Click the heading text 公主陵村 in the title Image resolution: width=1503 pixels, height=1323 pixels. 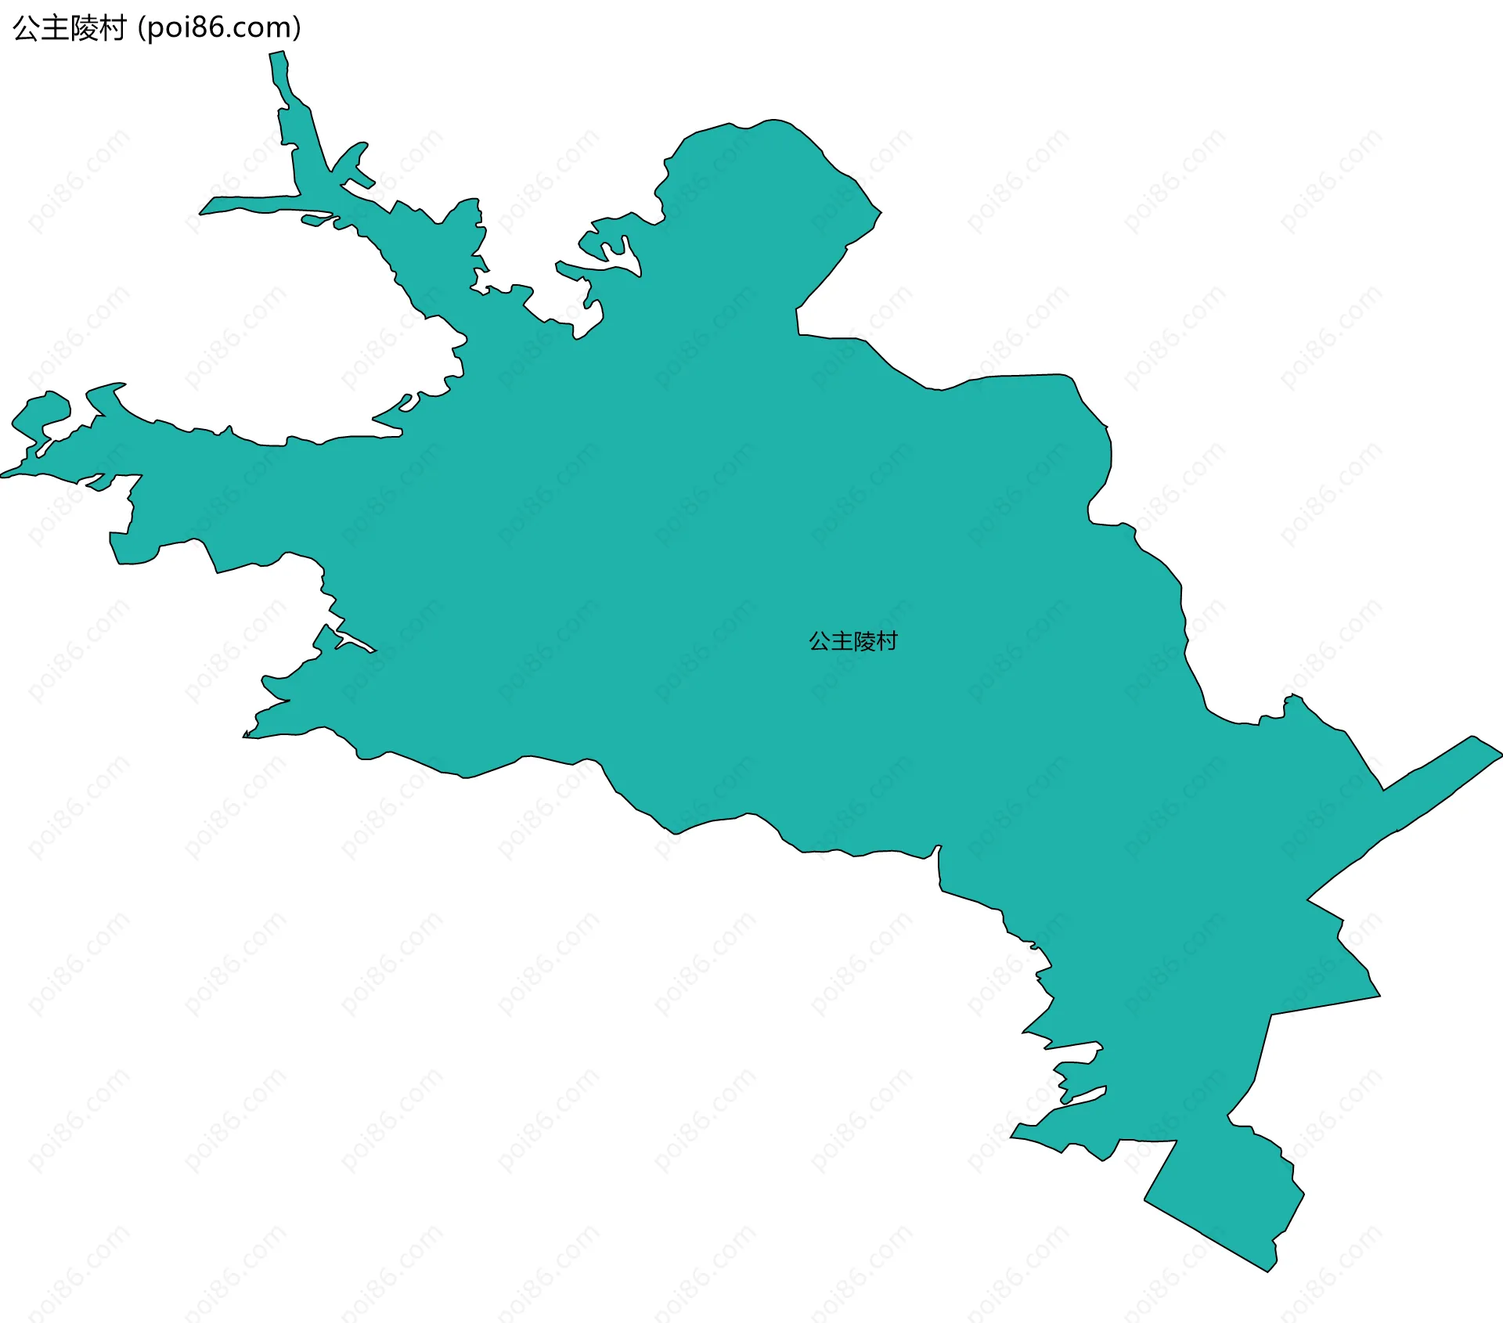click(69, 28)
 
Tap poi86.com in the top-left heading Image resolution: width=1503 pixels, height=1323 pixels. click(218, 28)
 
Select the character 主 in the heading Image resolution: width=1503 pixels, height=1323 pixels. click(55, 28)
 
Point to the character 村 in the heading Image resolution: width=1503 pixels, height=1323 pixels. click(112, 28)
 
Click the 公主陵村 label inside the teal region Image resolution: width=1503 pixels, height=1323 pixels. click(852, 641)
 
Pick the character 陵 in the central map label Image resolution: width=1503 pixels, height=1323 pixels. click(864, 641)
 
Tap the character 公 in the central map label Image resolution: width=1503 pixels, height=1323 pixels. click(820, 641)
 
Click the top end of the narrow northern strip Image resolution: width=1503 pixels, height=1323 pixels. click(277, 55)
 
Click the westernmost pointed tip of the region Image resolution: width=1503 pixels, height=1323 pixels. click(3, 474)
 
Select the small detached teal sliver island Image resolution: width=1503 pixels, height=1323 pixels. click(315, 220)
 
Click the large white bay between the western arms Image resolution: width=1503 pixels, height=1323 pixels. click(313, 329)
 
